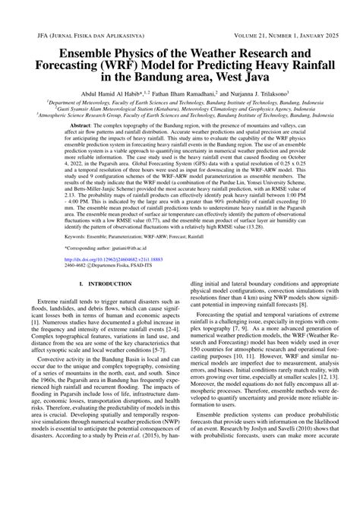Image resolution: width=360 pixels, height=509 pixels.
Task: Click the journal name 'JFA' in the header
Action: click(31, 35)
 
